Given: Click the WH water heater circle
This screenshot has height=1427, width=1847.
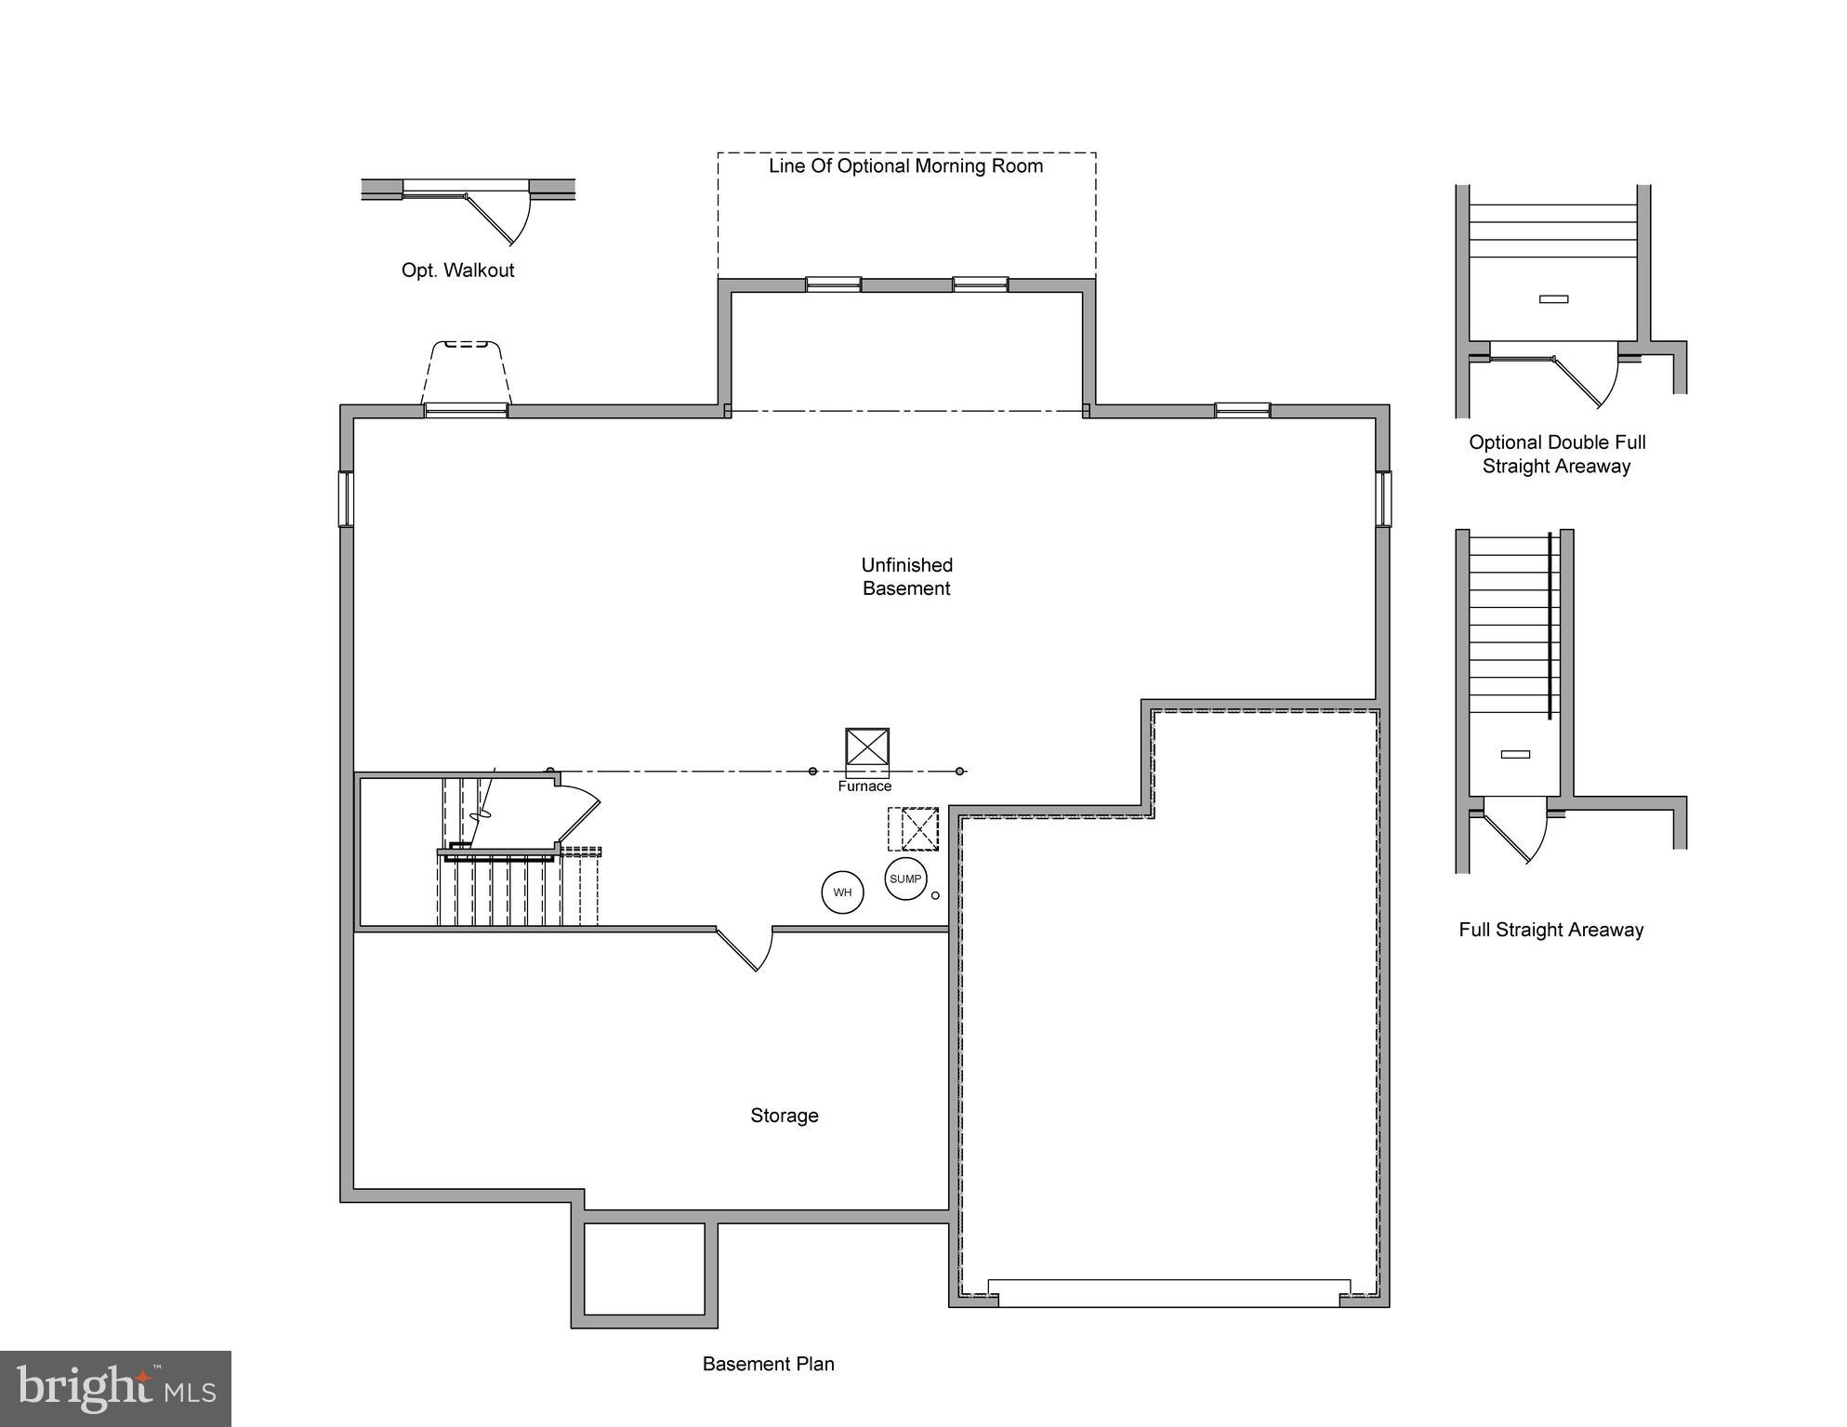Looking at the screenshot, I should pyautogui.click(x=842, y=892).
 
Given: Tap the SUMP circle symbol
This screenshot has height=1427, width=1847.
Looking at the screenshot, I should pyautogui.click(x=905, y=879).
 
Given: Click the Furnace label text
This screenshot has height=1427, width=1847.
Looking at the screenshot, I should pyautogui.click(x=864, y=786).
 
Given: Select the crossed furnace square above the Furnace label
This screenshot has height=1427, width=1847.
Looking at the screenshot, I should pyautogui.click(x=867, y=747).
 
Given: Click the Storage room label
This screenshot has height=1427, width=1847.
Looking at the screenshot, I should pyautogui.click(x=785, y=1116).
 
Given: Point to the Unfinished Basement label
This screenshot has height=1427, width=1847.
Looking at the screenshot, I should pyautogui.click(x=906, y=576).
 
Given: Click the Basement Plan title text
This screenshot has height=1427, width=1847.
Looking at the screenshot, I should pyautogui.click(x=768, y=1364).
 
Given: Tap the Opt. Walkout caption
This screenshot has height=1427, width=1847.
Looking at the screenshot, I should pyautogui.click(x=457, y=271).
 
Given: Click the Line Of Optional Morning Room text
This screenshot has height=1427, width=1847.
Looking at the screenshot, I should pyautogui.click(x=905, y=166).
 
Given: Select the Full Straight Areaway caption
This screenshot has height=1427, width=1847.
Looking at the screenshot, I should pyautogui.click(x=1550, y=930).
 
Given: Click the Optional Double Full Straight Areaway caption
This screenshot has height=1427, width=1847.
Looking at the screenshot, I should pyautogui.click(x=1557, y=455).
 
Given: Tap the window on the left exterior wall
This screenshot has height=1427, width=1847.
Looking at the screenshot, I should pyautogui.click(x=346, y=498).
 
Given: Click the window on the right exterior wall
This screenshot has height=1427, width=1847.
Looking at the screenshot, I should pyautogui.click(x=1383, y=498).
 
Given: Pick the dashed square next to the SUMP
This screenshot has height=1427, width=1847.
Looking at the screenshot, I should pyautogui.click(x=913, y=828).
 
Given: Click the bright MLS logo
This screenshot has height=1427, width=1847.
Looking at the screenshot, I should pyautogui.click(x=115, y=1388).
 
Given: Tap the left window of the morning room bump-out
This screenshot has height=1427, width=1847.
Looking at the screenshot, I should pyautogui.click(x=833, y=284).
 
